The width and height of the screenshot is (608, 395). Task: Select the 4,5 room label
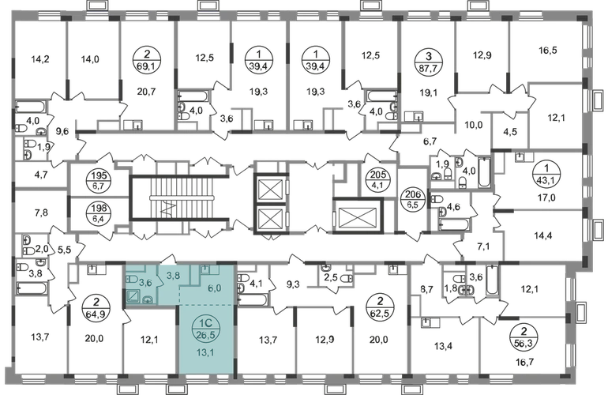(x=509, y=131)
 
